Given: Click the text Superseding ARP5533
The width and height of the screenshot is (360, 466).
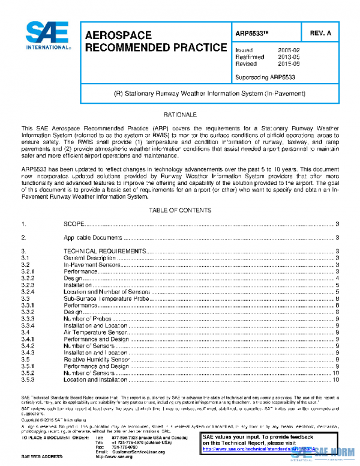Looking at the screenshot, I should click(265, 77).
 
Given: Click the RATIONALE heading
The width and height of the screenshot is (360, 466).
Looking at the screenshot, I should click(180, 114).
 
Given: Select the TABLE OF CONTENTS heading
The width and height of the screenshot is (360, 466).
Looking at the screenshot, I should click(180, 210).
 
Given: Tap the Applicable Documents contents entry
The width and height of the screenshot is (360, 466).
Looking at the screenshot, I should click(93, 238).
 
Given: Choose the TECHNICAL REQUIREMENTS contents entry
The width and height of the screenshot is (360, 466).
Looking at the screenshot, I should click(103, 251).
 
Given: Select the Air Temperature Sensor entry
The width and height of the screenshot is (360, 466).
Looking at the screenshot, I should click(95, 331).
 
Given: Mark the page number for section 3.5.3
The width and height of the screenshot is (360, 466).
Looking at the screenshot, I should click(336, 380).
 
